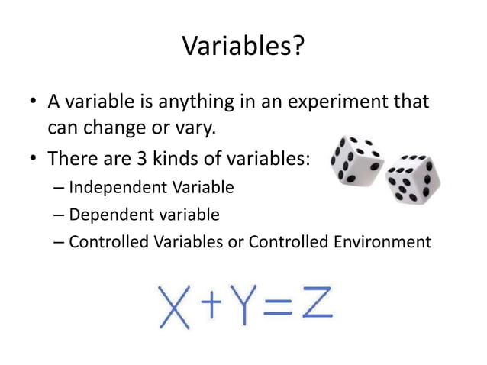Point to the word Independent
111,187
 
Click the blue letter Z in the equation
314,305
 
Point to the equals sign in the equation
280,306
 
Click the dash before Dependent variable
60,215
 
